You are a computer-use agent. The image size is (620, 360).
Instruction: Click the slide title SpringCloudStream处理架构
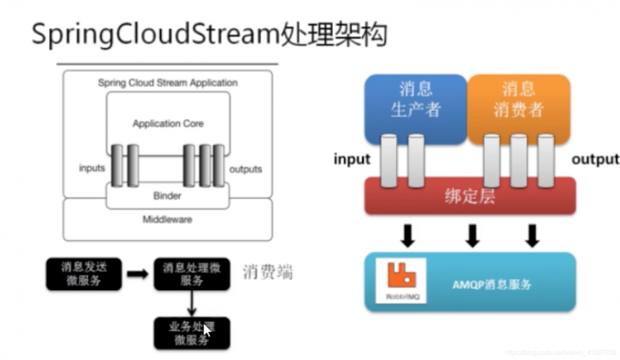[x=209, y=35]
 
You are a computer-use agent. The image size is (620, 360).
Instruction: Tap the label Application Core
[x=168, y=124]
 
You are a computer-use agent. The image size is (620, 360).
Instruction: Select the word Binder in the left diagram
[x=167, y=196]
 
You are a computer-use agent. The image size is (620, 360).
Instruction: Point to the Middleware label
[x=167, y=219]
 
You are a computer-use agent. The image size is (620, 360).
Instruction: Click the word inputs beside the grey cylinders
[x=92, y=168]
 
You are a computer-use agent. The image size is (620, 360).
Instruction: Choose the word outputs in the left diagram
[x=246, y=169]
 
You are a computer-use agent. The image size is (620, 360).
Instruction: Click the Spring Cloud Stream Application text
[x=168, y=83]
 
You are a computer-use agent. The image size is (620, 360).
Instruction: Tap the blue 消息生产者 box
[x=415, y=100]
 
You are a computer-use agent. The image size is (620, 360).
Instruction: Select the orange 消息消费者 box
[x=518, y=100]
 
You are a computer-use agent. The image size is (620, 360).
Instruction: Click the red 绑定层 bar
[x=469, y=197]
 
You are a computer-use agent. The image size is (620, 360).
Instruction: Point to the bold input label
[x=352, y=159]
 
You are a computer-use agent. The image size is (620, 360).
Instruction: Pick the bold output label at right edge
[x=595, y=159]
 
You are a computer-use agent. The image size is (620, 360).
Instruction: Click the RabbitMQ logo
[x=401, y=280]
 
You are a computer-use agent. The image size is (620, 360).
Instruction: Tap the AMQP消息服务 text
[x=492, y=284]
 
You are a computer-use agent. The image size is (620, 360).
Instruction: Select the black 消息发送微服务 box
[x=84, y=274]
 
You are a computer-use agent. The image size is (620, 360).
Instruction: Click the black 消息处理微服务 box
[x=192, y=274]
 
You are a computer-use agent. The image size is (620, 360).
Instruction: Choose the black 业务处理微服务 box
[x=192, y=333]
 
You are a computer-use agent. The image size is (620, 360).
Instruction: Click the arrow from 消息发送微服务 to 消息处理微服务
[x=138, y=274]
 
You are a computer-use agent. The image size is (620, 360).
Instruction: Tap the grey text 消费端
[x=267, y=272]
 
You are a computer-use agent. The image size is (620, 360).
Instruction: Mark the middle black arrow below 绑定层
[x=472, y=235]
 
